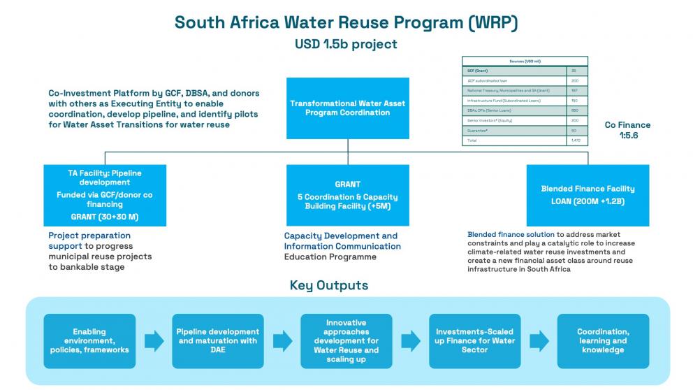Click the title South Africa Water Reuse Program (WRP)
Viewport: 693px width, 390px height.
point(346,22)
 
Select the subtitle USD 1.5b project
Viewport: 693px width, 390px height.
point(346,44)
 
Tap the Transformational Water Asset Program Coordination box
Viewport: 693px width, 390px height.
point(347,108)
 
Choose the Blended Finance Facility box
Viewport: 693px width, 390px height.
point(588,195)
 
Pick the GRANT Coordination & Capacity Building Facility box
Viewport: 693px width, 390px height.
point(347,195)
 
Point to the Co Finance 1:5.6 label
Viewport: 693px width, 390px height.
point(627,130)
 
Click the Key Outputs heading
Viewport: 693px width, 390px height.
point(328,285)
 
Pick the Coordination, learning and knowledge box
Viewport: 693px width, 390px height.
point(602,341)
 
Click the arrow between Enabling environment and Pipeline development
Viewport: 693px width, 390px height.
point(154,341)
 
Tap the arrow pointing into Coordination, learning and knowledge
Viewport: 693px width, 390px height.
point(539,341)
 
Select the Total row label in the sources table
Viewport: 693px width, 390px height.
point(472,140)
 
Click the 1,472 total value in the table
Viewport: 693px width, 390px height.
point(576,140)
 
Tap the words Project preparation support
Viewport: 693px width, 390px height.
point(89,241)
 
